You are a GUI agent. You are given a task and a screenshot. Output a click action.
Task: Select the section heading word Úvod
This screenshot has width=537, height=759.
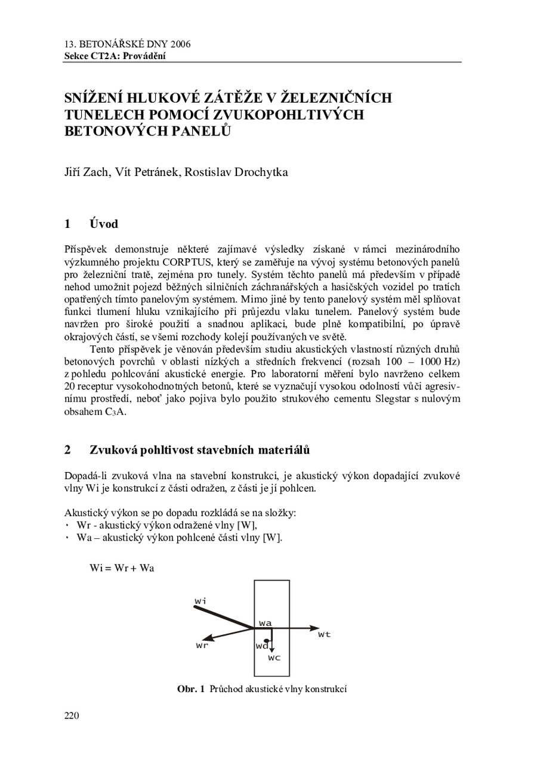pos(104,224)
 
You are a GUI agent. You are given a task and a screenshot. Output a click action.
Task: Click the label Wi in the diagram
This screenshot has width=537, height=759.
pos(200,600)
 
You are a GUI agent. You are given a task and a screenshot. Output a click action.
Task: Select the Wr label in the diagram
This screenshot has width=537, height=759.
pos(202,645)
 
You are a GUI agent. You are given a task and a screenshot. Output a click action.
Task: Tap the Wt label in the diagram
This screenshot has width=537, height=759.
pos(324,634)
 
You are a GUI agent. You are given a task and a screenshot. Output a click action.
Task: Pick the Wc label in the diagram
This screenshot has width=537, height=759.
pos(274,658)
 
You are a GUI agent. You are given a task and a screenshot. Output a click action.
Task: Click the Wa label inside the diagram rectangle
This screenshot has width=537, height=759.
pos(266,623)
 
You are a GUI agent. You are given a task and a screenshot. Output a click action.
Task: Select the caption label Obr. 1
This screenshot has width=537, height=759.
pos(191,689)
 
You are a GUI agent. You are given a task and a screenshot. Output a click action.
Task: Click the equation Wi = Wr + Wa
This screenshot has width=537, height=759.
pos(122,568)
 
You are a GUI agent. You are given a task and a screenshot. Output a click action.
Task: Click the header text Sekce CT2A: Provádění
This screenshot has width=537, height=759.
pos(115,56)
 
